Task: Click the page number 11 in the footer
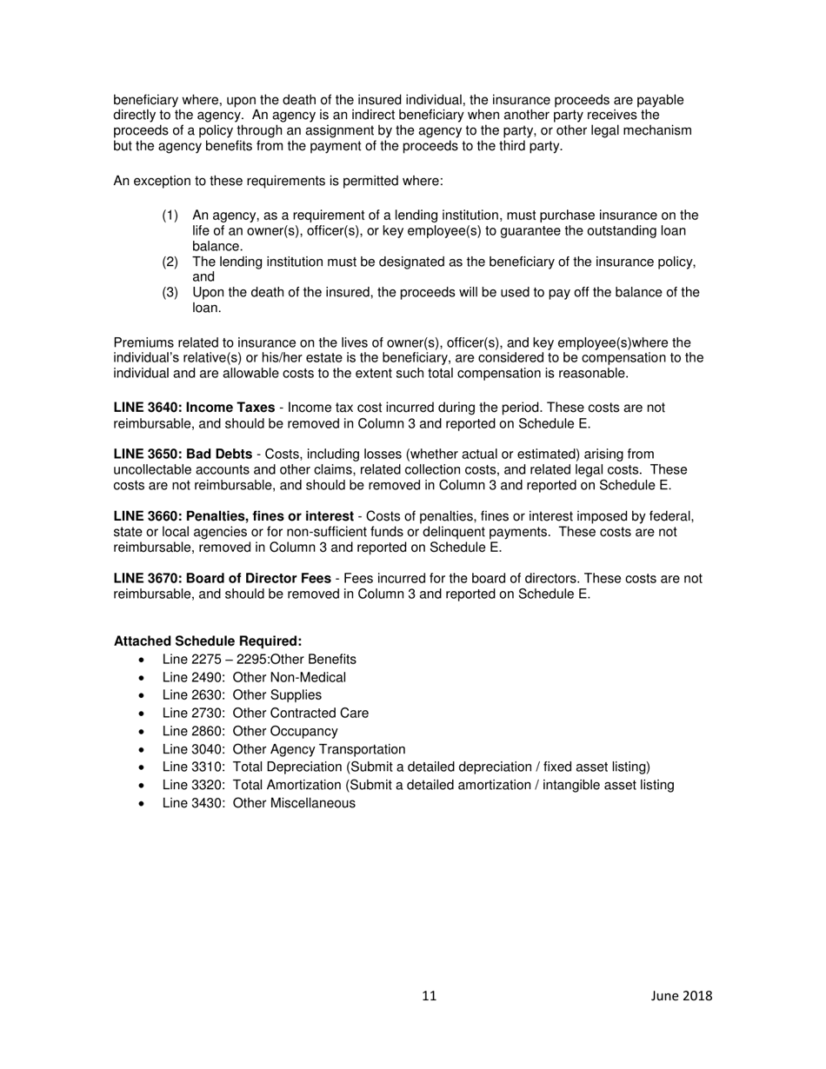pyautogui.click(x=430, y=996)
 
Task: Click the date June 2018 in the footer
pyautogui.click(x=681, y=996)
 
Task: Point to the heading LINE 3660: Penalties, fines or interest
pyautogui.click(x=233, y=516)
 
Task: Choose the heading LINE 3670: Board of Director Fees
pyautogui.click(x=222, y=579)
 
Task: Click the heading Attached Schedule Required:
pyautogui.click(x=208, y=641)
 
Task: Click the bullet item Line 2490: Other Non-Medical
pyautogui.click(x=254, y=678)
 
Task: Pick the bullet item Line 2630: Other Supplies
pyautogui.click(x=242, y=695)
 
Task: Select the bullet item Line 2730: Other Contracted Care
pyautogui.click(x=265, y=714)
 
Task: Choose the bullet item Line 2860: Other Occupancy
pyautogui.click(x=250, y=732)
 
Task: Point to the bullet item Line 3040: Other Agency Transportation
pyautogui.click(x=283, y=749)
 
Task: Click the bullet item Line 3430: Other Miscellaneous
pyautogui.click(x=258, y=803)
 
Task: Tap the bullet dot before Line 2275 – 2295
pyautogui.click(x=143, y=661)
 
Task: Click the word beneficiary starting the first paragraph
pyautogui.click(x=145, y=100)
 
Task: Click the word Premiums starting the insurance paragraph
pyautogui.click(x=142, y=342)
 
